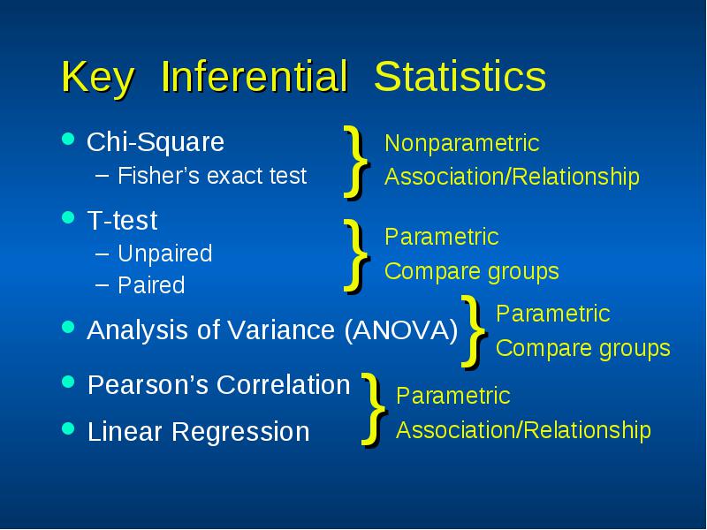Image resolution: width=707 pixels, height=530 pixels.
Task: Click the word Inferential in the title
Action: [x=255, y=77]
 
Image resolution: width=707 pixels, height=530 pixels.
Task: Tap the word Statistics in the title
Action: [x=460, y=77]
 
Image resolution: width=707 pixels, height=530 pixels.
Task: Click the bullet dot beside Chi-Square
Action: [x=68, y=139]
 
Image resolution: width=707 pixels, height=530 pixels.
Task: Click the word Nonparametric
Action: [x=462, y=143]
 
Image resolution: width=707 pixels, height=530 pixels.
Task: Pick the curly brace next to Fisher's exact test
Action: [x=357, y=163]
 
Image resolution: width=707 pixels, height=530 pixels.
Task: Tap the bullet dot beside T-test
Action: [x=68, y=217]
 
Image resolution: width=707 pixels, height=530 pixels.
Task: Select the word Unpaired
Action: [x=165, y=254]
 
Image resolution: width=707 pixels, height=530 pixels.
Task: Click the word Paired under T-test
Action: [x=151, y=284]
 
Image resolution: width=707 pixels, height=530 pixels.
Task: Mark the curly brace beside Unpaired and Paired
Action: [x=357, y=256]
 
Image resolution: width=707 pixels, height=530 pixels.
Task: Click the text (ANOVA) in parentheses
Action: [x=401, y=330]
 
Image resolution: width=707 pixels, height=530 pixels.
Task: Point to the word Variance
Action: [x=281, y=330]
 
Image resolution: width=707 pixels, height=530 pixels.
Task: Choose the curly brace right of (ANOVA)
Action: [x=475, y=332]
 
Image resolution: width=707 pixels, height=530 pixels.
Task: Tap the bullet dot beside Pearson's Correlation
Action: [x=68, y=382]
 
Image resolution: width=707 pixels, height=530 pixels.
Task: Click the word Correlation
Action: [x=283, y=385]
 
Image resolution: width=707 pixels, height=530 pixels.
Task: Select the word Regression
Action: [x=240, y=432]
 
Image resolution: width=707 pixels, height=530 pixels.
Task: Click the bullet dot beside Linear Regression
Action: [x=68, y=428]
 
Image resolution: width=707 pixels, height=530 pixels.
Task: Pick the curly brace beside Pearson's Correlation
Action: [x=374, y=409]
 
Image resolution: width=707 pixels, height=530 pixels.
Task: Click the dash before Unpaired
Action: [x=103, y=254]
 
